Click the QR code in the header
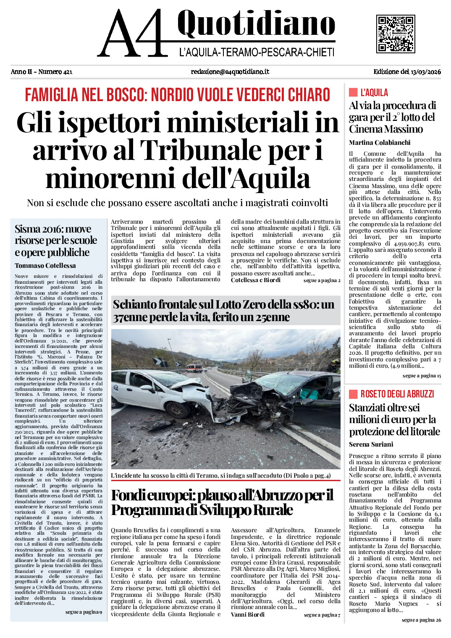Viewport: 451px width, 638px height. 395,34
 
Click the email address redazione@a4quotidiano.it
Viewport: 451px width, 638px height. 230,72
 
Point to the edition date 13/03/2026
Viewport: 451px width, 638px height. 425,72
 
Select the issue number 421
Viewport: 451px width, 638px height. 67,72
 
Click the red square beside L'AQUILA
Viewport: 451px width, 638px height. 353,92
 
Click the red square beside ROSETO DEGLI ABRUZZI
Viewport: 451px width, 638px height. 353,394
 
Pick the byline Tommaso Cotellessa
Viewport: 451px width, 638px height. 45,266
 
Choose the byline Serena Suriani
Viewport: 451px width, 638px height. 371,445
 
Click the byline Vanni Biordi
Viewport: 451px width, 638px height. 248,614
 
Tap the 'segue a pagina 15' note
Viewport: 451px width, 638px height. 422,376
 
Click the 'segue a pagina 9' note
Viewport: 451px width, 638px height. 84,612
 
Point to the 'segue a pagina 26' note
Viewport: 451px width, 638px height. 421,620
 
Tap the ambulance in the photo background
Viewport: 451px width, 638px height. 194,368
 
